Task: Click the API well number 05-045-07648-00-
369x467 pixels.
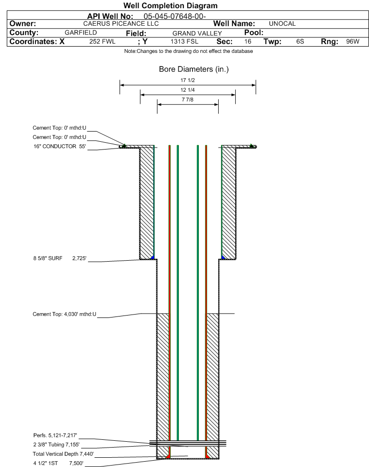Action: pyautogui.click(x=175, y=16)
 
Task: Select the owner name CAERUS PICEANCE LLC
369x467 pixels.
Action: pyautogui.click(x=121, y=24)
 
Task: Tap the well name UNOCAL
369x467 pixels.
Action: pyautogui.click(x=282, y=24)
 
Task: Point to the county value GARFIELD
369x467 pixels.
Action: pyautogui.click(x=81, y=33)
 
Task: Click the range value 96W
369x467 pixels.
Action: pyautogui.click(x=352, y=42)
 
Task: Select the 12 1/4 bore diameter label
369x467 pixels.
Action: pyautogui.click(x=188, y=90)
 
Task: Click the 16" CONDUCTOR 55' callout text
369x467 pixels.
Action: pyautogui.click(x=59, y=146)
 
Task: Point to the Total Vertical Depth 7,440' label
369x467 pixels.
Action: pyautogui.click(x=63, y=454)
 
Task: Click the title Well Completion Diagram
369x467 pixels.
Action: pyautogui.click(x=171, y=6)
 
